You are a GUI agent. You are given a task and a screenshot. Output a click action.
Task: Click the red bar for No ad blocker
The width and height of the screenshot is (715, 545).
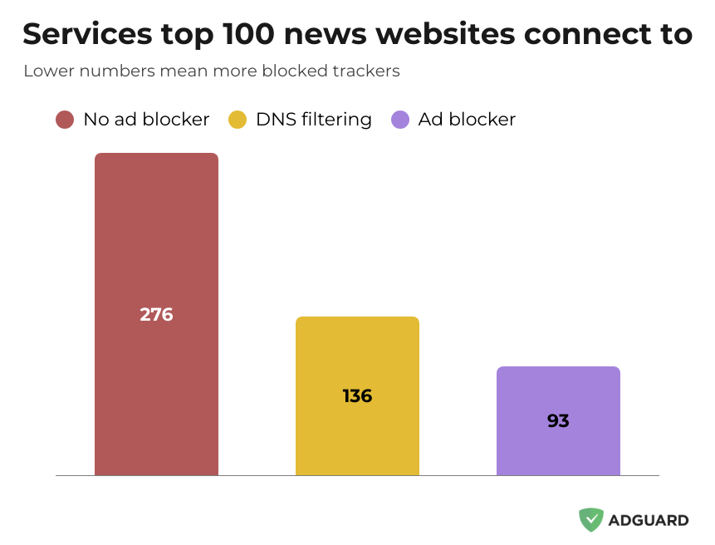pyautogui.click(x=156, y=249)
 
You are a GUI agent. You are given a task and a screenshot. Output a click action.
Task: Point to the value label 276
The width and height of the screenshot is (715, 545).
pyautogui.click(x=156, y=315)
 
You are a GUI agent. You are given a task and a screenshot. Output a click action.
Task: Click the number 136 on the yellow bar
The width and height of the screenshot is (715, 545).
pyautogui.click(x=357, y=396)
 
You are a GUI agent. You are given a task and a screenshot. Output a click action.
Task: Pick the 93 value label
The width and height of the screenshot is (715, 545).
pyautogui.click(x=558, y=421)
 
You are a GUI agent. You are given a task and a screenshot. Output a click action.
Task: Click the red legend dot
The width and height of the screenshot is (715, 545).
pyautogui.click(x=66, y=120)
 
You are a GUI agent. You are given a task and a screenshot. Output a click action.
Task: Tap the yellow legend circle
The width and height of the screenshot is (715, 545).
pyautogui.click(x=238, y=120)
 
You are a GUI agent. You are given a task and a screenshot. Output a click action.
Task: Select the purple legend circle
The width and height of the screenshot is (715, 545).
pyautogui.click(x=400, y=120)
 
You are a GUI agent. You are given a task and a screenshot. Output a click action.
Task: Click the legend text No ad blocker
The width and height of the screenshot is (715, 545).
pyautogui.click(x=146, y=120)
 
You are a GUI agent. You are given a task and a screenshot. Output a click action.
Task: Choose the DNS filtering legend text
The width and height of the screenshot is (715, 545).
pyautogui.click(x=314, y=120)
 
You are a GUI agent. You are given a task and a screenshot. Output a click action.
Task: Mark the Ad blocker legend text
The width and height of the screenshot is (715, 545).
pyautogui.click(x=467, y=120)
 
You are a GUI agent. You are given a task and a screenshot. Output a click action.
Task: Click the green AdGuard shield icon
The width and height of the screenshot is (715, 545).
pyautogui.click(x=591, y=520)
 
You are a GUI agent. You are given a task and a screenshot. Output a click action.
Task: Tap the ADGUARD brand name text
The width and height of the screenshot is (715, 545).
pyautogui.click(x=649, y=521)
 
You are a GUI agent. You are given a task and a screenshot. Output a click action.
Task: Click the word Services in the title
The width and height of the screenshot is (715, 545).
pyautogui.click(x=87, y=34)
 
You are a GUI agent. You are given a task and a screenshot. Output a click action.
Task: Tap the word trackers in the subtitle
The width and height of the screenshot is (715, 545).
pyautogui.click(x=366, y=71)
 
